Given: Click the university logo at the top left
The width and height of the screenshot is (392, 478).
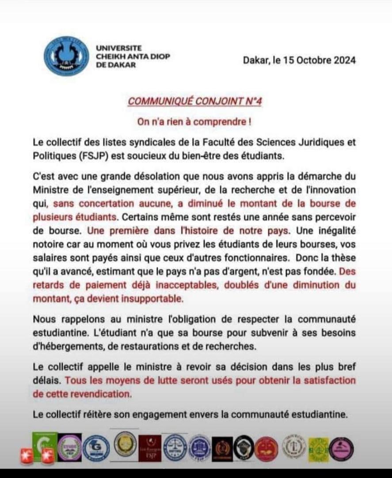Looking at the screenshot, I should point(66,56).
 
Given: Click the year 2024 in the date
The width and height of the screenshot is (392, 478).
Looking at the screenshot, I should point(342,61).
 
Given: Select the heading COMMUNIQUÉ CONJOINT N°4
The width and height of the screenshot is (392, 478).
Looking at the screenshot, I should point(195,101).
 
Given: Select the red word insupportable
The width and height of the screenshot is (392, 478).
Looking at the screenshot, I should point(152,298).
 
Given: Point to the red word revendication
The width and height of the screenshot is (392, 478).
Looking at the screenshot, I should point(102,393).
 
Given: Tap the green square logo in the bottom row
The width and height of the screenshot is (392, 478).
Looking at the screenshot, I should point(45,443).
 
